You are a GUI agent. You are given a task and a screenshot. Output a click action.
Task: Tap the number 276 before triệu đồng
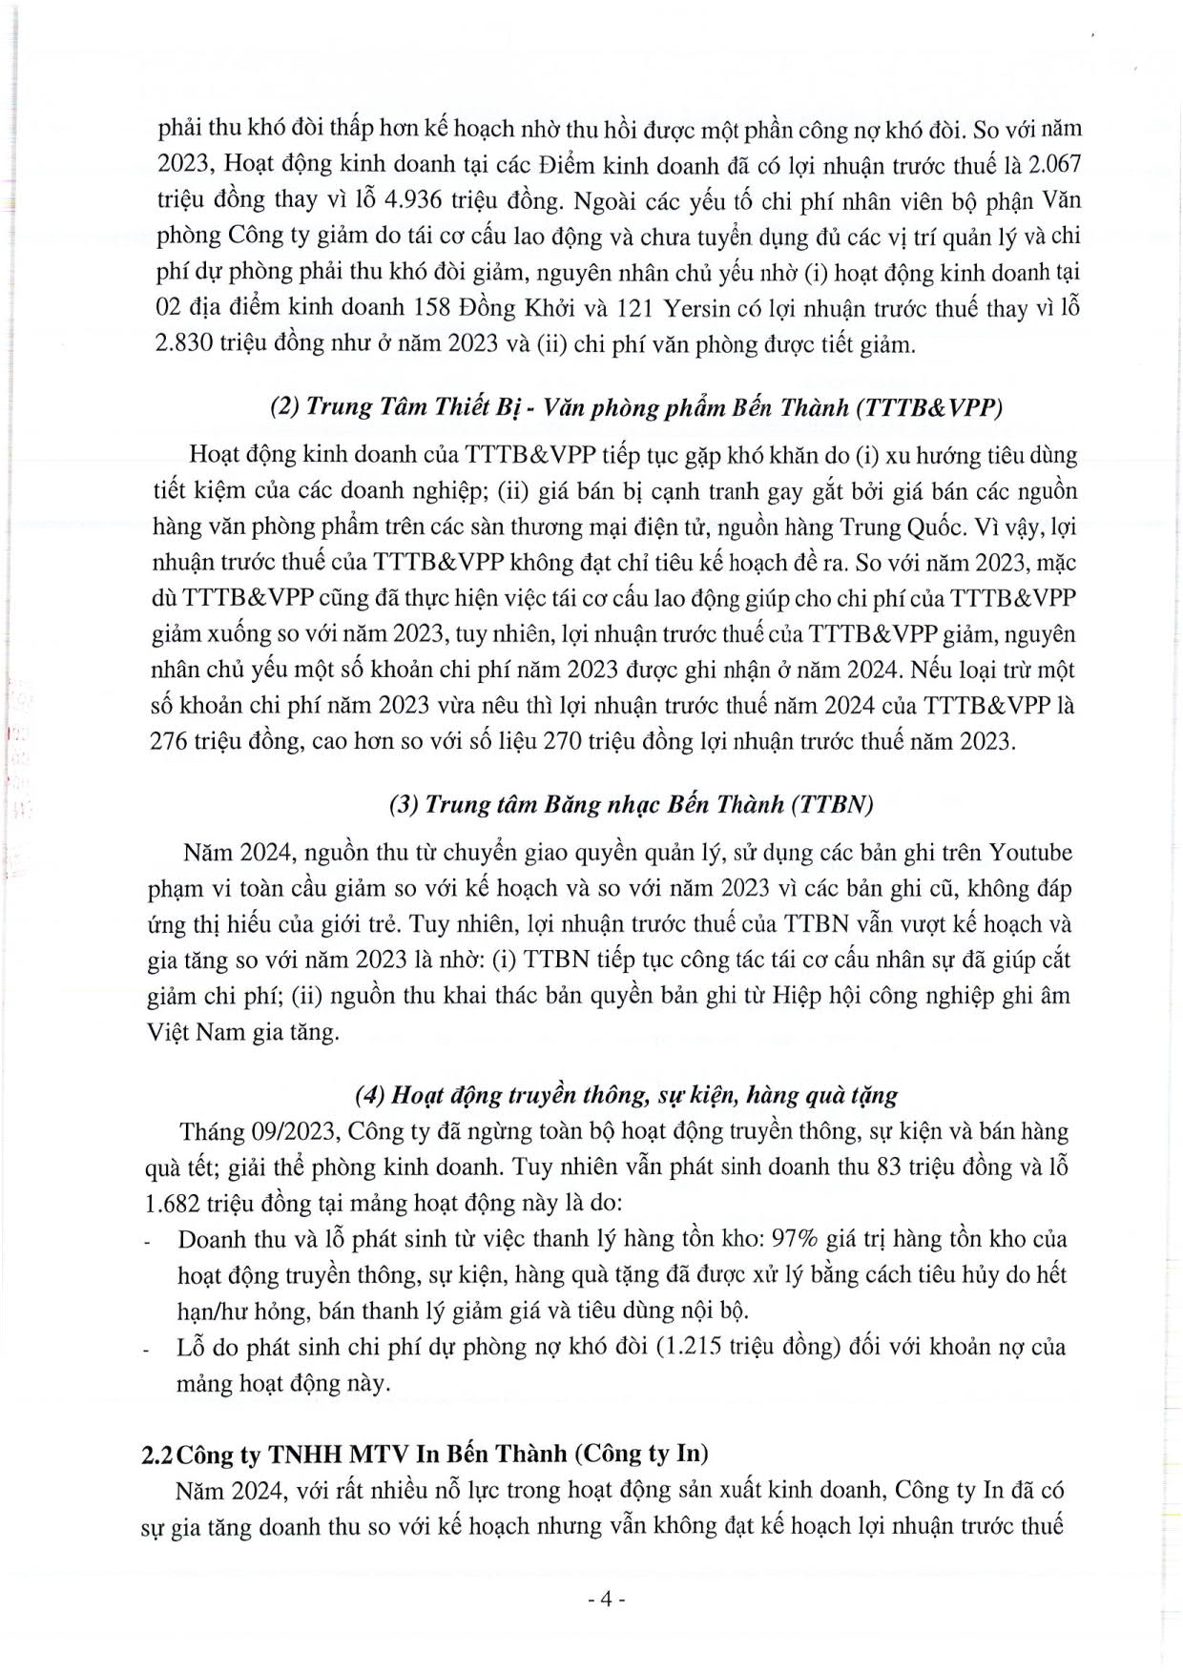click(173, 741)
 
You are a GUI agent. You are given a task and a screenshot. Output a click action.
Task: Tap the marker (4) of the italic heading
click(370, 1095)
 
